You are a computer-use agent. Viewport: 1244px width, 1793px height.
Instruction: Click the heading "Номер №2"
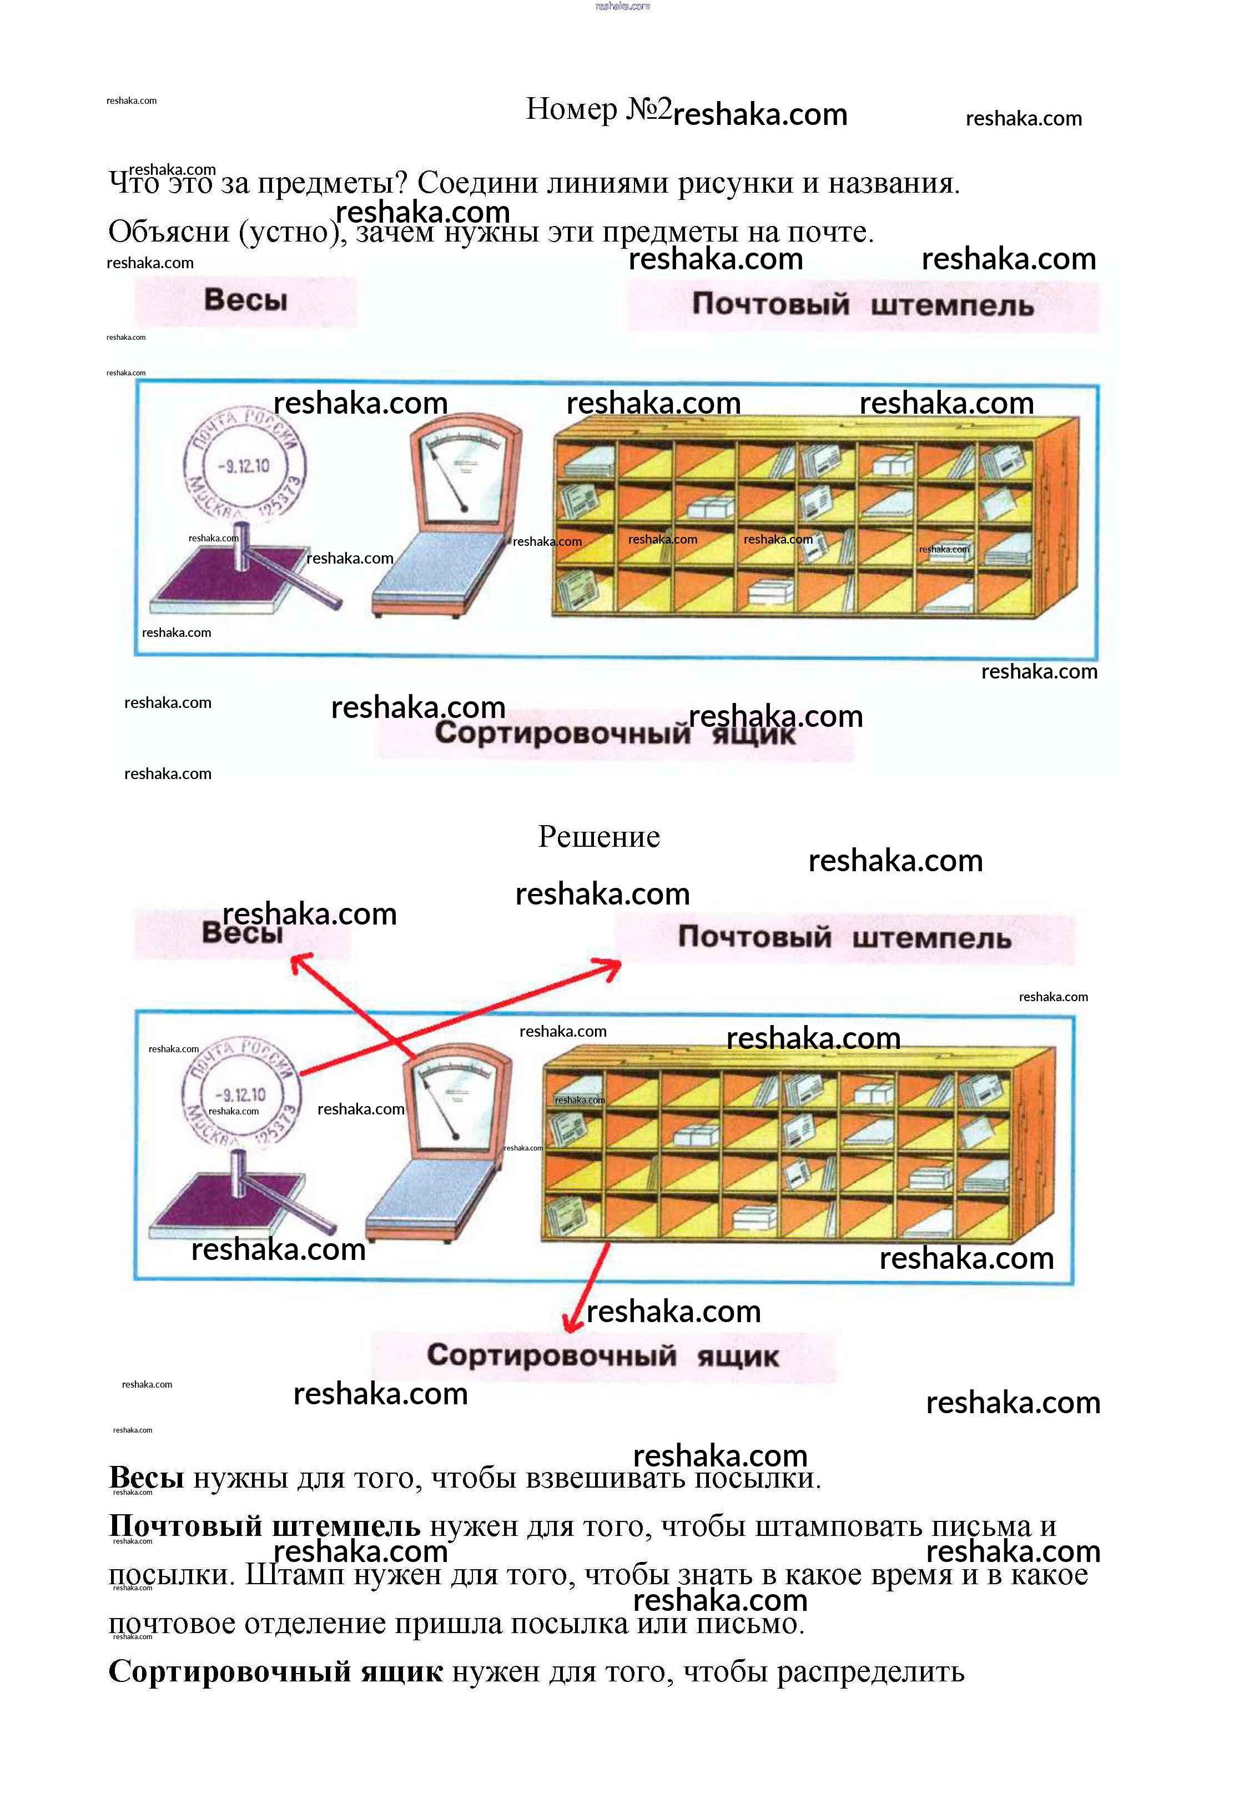coord(598,109)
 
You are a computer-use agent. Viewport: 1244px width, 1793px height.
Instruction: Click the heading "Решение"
coord(598,836)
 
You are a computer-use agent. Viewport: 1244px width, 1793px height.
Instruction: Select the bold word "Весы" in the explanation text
coord(147,1477)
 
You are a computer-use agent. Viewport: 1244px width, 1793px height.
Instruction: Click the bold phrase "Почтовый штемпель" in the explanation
coord(264,1525)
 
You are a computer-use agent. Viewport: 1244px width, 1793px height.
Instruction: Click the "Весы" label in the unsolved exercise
coord(245,300)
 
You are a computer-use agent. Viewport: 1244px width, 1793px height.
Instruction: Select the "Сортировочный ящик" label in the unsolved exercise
coord(616,734)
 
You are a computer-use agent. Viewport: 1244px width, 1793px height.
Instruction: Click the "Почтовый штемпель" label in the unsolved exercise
coord(862,305)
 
